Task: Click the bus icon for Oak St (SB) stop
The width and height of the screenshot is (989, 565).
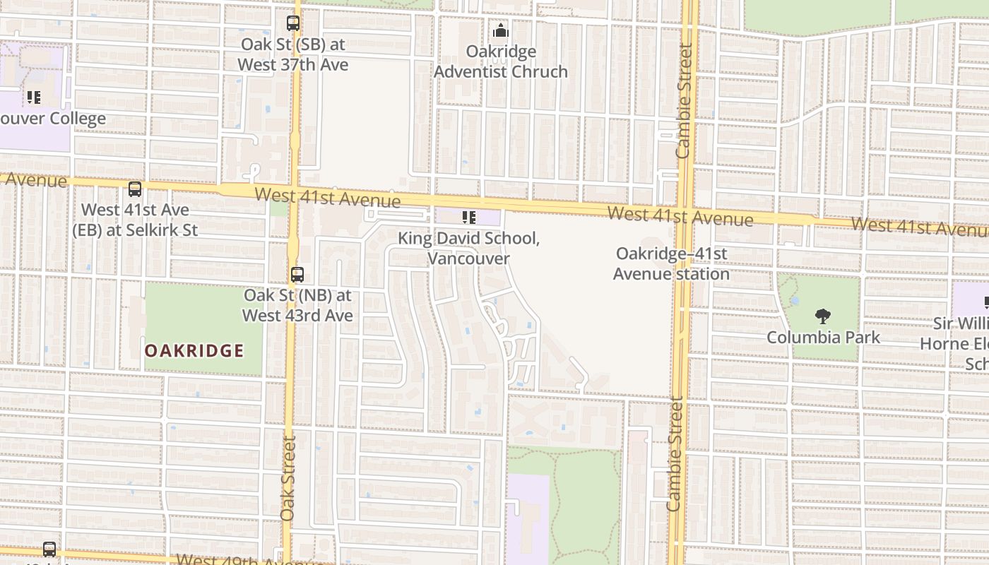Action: [293, 23]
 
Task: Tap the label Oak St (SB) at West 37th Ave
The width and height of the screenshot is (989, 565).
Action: [293, 54]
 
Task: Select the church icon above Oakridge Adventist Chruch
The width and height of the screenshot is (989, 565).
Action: [501, 31]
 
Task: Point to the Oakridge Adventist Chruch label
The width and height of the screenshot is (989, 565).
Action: [501, 61]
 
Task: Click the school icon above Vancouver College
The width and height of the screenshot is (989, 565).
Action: [33, 97]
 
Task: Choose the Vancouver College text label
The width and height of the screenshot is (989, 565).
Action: [53, 119]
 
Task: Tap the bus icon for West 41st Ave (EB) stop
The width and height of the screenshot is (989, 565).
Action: [135, 189]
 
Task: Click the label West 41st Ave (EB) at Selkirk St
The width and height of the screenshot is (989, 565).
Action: [135, 220]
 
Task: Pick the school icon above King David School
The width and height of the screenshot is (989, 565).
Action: [468, 218]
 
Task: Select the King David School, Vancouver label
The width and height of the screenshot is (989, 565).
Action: [468, 248]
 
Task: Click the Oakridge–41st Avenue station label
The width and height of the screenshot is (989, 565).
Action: [671, 263]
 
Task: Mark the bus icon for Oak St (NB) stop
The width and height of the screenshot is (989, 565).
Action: [297, 275]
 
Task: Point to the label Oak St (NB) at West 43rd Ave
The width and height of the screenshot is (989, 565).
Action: [297, 305]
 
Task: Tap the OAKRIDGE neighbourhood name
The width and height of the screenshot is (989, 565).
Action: [194, 351]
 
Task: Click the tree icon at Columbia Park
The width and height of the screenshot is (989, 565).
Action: [822, 316]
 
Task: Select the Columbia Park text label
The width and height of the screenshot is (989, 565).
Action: [824, 337]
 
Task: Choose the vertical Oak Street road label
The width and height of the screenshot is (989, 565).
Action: [288, 478]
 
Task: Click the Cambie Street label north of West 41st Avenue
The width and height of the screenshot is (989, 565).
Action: [684, 101]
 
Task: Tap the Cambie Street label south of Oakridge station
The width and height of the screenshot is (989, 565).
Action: [675, 454]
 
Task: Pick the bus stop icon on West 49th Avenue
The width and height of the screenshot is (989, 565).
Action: [49, 549]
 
